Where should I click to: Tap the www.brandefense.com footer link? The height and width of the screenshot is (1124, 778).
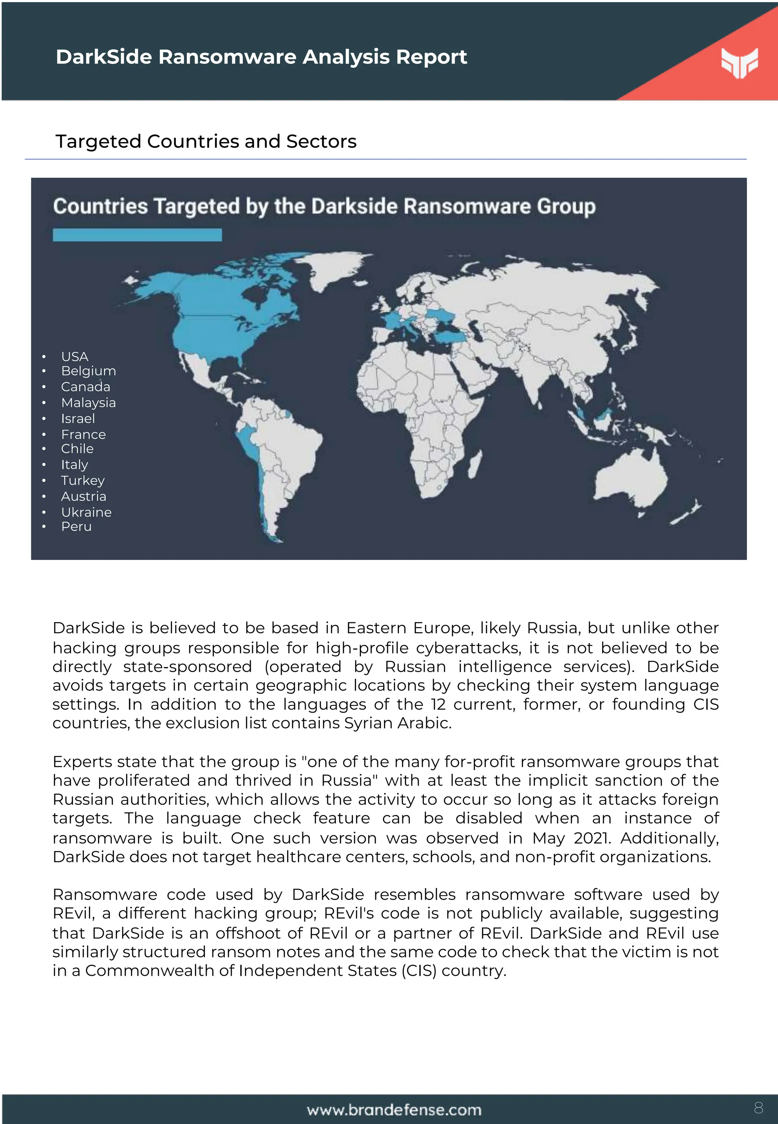(394, 1110)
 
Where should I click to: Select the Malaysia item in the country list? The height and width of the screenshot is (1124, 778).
(88, 403)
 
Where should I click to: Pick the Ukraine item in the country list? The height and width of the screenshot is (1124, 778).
(86, 512)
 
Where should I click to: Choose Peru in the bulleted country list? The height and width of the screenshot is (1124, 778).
(76, 526)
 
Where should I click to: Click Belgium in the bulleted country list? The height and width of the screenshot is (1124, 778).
(88, 371)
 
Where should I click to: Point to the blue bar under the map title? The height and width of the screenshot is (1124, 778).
(137, 235)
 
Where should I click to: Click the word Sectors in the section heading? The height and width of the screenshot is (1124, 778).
(321, 141)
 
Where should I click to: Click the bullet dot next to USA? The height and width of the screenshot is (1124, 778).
(44, 357)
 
